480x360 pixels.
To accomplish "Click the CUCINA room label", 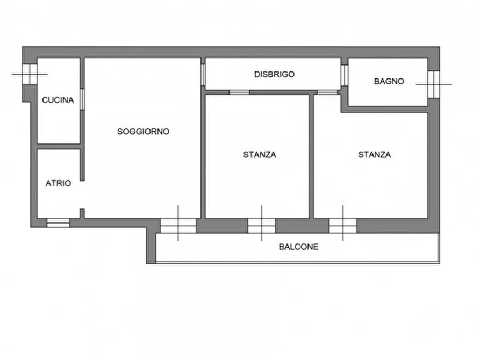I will pyautogui.click(x=58, y=99).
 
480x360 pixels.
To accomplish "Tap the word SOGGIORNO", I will pyautogui.click(x=144, y=131).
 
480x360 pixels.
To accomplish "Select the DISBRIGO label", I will pyautogui.click(x=274, y=75).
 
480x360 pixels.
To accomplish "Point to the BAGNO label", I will pyautogui.click(x=389, y=82).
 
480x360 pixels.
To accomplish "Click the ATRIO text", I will pyautogui.click(x=58, y=183).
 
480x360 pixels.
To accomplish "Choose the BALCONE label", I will pyautogui.click(x=298, y=247).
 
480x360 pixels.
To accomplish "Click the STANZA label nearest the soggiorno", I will pyautogui.click(x=260, y=155).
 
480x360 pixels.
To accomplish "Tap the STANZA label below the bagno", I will pyautogui.click(x=375, y=155).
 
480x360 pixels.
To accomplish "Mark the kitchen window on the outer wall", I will pyautogui.click(x=29, y=74).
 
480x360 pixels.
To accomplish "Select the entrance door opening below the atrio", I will pyautogui.click(x=58, y=222).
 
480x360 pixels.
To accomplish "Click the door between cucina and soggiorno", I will pyautogui.click(x=82, y=99).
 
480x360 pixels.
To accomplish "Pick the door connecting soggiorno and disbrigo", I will pyautogui.click(x=203, y=75).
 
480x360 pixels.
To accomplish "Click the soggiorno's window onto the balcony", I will pyautogui.click(x=178, y=226).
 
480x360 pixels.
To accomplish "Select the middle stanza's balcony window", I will pyautogui.click(x=261, y=226).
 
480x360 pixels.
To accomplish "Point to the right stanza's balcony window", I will pyautogui.click(x=343, y=226).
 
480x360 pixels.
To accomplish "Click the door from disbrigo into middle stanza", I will pyautogui.click(x=239, y=92).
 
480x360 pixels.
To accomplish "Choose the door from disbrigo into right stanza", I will pyautogui.click(x=326, y=92).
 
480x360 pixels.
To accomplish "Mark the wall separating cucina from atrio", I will pyautogui.click(x=59, y=146).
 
